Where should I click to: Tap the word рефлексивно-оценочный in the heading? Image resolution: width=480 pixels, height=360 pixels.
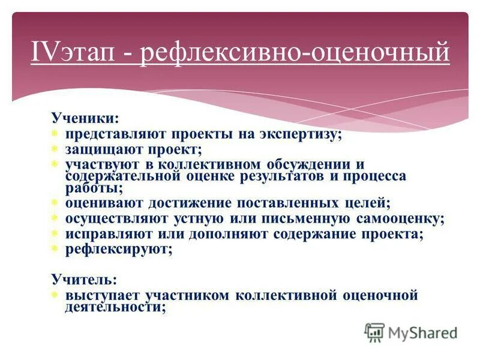pos(295,52)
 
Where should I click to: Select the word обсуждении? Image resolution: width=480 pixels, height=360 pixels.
pos(307,164)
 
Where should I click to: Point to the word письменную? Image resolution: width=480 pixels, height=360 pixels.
pos(311,219)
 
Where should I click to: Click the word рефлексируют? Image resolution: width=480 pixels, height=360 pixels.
pos(119,249)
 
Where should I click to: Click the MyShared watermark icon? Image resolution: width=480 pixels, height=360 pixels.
pos(374,332)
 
